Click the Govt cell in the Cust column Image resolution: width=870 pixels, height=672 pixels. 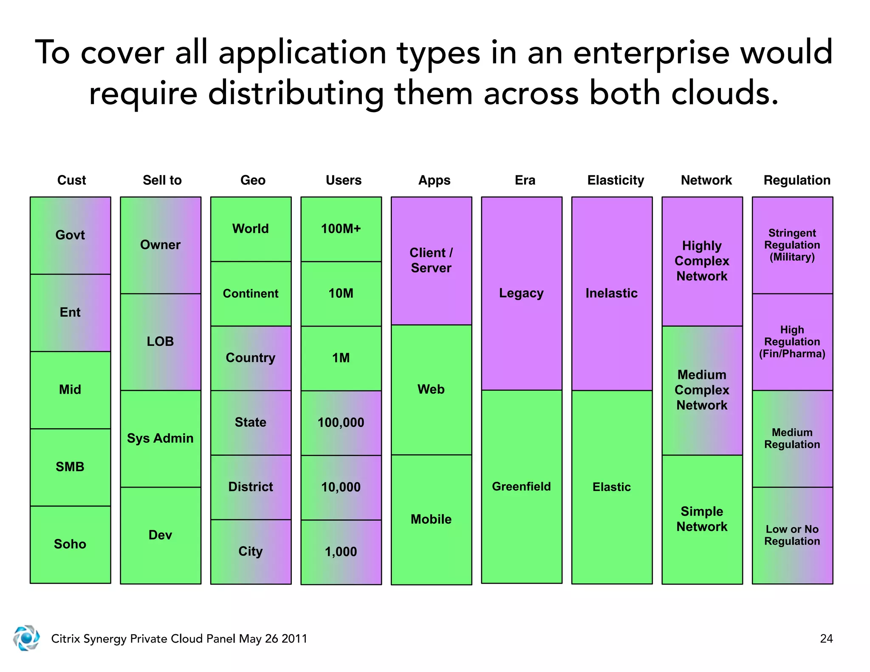(70, 235)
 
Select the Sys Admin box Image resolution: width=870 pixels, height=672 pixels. (160, 438)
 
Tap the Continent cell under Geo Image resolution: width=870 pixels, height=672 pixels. (251, 294)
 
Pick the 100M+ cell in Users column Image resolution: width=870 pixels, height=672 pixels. (341, 229)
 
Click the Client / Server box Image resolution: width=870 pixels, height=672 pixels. (431, 260)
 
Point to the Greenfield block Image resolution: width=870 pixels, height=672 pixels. (521, 486)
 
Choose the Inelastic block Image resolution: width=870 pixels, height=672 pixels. (612, 293)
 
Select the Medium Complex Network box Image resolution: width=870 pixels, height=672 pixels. (702, 390)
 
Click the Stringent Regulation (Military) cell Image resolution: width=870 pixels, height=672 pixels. (792, 245)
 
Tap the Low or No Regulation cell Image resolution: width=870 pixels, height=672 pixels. (792, 535)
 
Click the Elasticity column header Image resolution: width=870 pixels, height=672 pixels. (616, 180)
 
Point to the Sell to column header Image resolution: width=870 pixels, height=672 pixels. (162, 180)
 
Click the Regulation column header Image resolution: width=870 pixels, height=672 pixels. (797, 180)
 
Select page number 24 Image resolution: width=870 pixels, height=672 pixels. (826, 638)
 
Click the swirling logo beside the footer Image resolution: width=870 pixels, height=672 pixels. (26, 638)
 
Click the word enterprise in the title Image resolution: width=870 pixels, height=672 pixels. (651, 53)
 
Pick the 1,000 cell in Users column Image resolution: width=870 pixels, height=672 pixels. (341, 552)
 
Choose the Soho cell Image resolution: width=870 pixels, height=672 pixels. (70, 544)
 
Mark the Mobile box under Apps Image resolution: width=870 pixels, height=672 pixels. (431, 520)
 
